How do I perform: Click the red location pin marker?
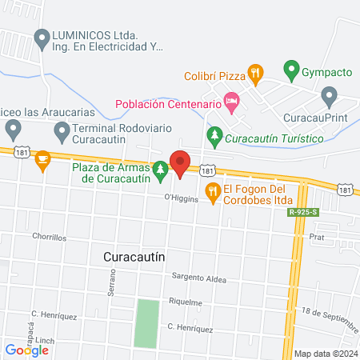tap(180, 164)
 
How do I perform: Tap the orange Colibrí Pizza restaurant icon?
tap(255, 73)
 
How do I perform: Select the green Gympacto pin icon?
tap(292, 71)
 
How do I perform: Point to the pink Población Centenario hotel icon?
tap(232, 102)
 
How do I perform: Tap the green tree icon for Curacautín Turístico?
tap(214, 137)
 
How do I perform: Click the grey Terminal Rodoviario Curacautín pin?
tap(61, 129)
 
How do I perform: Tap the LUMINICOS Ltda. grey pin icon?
tap(42, 37)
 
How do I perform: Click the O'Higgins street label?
tap(181, 198)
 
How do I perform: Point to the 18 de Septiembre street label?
tap(328, 315)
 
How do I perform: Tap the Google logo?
tap(26, 350)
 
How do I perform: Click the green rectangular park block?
tap(146, 323)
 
